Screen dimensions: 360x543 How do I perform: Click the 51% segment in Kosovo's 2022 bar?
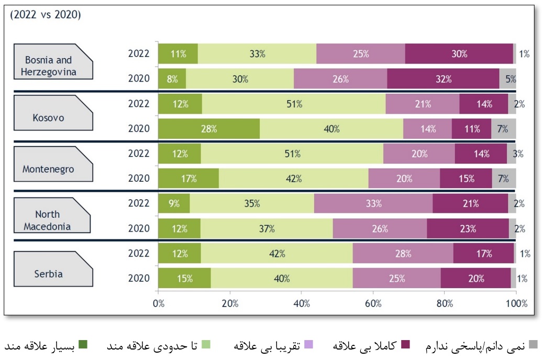294,104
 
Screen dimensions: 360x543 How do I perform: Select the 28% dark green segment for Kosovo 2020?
209,129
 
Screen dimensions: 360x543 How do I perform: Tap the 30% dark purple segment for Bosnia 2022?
459,53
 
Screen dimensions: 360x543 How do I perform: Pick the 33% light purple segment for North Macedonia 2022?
373,203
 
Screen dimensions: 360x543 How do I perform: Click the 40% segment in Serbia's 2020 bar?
282,278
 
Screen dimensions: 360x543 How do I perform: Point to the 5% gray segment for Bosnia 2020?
508,79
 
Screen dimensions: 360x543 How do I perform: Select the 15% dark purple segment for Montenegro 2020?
466,179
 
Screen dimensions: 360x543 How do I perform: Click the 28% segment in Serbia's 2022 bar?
403,254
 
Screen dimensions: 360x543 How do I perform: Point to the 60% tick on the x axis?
373,303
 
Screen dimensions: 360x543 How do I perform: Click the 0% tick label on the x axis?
158,303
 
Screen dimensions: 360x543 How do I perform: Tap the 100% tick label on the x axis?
516,303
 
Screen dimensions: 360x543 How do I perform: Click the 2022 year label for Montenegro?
139,154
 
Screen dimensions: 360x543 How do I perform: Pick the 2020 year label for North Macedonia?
139,228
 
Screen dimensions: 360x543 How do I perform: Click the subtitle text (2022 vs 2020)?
45,15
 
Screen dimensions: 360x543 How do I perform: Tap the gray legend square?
534,345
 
